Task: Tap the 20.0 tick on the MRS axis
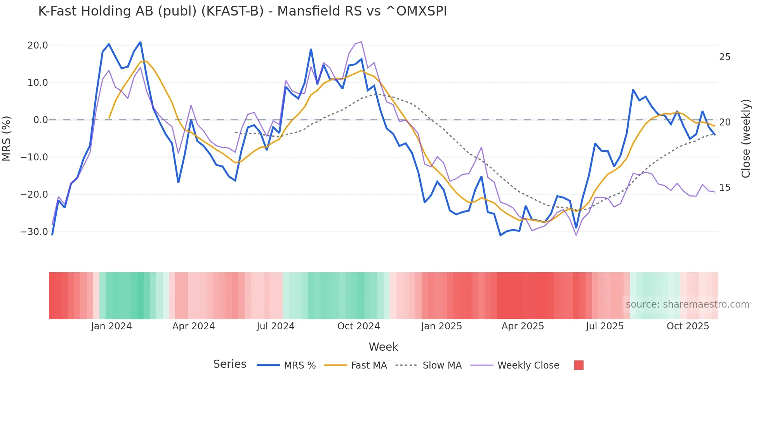[x=38, y=45]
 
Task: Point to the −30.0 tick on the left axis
[x=35, y=232]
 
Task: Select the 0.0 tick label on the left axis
[x=40, y=120]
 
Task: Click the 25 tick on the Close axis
[x=725, y=57]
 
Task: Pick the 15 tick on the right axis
[x=725, y=188]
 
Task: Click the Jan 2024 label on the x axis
[x=111, y=326]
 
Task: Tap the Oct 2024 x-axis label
[x=358, y=326]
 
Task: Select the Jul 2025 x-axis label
[x=605, y=326]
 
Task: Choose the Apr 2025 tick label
[x=523, y=326]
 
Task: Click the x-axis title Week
[x=383, y=347]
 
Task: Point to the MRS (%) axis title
[x=7, y=139]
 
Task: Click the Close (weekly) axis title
[x=745, y=139]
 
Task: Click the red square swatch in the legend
[x=579, y=365]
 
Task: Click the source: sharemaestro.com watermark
[x=687, y=304]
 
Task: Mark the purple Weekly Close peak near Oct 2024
[x=361, y=42]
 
